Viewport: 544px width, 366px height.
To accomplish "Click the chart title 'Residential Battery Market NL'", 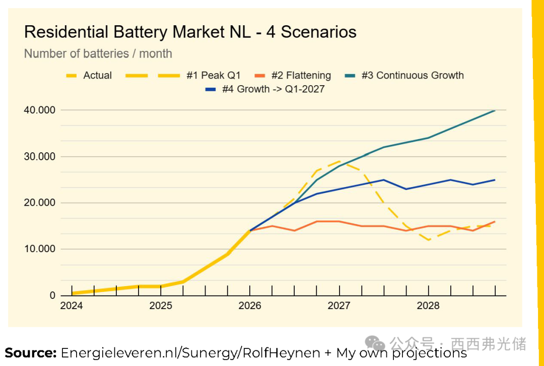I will [x=190, y=32].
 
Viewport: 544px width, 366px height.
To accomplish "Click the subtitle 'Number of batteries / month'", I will [x=98, y=53].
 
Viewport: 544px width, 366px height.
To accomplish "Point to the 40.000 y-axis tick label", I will [x=38, y=110].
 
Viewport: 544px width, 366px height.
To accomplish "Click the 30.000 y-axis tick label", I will [x=38, y=157].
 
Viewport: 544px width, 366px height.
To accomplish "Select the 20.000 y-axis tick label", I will [x=38, y=203].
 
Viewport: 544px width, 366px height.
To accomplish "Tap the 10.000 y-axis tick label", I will [x=38, y=249].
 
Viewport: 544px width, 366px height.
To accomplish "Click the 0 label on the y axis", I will [x=52, y=295].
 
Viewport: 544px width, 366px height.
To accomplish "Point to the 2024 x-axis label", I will [x=72, y=306].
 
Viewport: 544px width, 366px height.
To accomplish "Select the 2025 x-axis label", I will [x=161, y=306].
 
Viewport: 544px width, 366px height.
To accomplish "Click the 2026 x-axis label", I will [x=250, y=306].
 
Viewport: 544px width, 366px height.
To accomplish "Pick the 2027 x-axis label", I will [x=339, y=306].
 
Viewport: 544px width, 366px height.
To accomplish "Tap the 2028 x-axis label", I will [x=428, y=306].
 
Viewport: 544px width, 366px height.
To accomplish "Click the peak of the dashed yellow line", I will [x=339, y=161].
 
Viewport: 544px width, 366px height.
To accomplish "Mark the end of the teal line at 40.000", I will [x=495, y=110].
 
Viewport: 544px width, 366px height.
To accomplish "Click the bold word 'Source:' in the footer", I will [x=31, y=353].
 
